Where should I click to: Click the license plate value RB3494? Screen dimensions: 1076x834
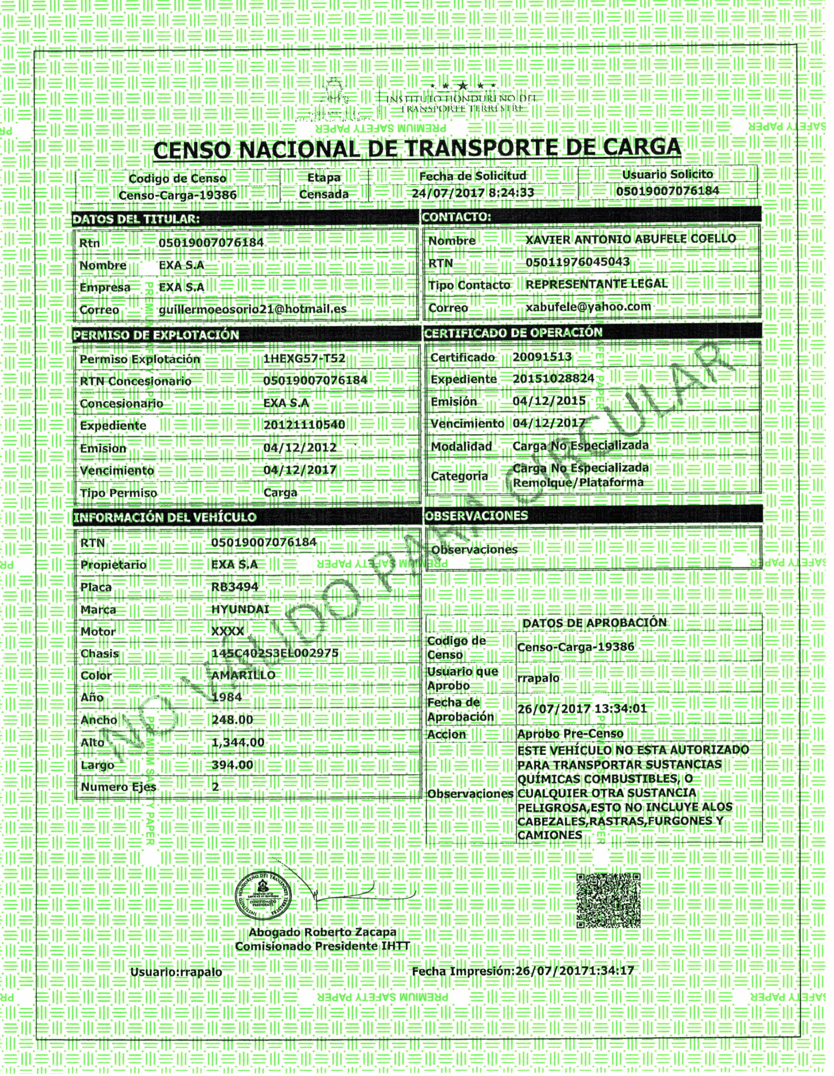coord(235,587)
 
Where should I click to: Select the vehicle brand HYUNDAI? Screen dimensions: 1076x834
coord(240,610)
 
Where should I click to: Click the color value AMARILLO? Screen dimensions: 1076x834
coord(243,675)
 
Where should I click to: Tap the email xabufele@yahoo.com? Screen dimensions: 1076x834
coord(588,307)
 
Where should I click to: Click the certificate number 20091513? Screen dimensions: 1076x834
coord(542,357)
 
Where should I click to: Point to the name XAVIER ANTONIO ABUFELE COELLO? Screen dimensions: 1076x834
coord(631,239)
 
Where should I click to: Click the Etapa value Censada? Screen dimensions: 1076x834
coord(324,194)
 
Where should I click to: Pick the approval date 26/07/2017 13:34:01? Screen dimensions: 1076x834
coord(582,709)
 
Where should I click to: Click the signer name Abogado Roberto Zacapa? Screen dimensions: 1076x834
coord(323,932)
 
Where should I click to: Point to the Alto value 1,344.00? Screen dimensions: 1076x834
coord(238,742)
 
